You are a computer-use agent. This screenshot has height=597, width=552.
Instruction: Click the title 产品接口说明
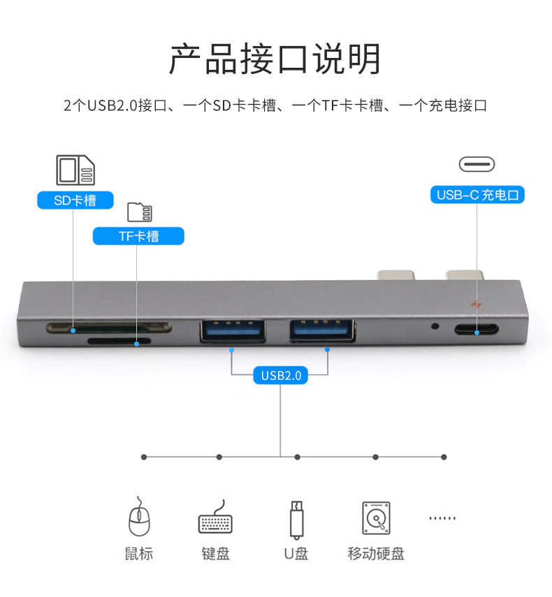tap(275, 59)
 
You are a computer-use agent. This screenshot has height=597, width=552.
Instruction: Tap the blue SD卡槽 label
tap(75, 201)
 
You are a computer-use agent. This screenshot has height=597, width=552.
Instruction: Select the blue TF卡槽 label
tap(138, 236)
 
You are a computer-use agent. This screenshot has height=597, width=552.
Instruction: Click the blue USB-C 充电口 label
tap(477, 195)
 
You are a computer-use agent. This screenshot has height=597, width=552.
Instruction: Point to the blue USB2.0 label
tap(280, 376)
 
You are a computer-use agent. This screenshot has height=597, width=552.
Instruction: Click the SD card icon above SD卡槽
tap(75, 170)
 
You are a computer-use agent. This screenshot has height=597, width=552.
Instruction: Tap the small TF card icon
tap(139, 212)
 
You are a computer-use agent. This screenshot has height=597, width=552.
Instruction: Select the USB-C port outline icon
tap(477, 164)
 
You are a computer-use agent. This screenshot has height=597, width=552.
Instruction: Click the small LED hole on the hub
tap(436, 325)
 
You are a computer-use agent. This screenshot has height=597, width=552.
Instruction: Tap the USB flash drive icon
tap(296, 519)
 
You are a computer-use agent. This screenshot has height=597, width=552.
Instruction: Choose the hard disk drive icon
tap(376, 518)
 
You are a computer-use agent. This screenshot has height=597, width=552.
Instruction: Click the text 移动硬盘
tap(376, 554)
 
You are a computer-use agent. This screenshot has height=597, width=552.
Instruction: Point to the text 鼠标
tap(138, 554)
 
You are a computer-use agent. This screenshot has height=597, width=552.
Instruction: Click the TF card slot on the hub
tap(119, 341)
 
